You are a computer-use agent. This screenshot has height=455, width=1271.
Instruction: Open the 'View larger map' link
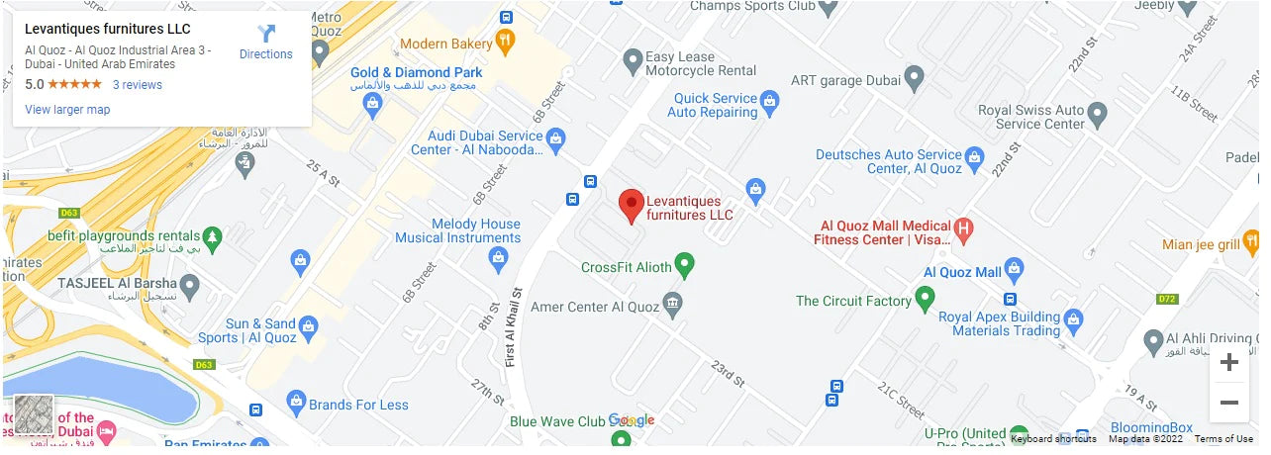click(67, 110)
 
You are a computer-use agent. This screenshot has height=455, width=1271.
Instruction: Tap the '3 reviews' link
click(137, 85)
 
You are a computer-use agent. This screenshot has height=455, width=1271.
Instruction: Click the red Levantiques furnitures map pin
click(631, 206)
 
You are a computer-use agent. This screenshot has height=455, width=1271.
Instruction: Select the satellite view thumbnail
click(34, 414)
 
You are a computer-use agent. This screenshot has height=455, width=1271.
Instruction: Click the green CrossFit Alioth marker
click(684, 265)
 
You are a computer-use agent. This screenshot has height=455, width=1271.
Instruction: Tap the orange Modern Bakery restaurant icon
click(506, 42)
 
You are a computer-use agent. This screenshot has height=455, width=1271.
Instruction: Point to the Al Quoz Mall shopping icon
click(1014, 269)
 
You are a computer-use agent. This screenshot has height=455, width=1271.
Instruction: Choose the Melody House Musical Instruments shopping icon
click(499, 259)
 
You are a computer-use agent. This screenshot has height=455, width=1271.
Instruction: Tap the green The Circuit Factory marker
click(925, 298)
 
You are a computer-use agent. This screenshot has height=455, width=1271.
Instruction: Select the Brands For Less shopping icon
click(295, 402)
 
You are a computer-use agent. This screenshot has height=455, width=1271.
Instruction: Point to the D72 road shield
click(1167, 299)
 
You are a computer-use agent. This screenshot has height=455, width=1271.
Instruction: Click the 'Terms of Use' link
click(1223, 439)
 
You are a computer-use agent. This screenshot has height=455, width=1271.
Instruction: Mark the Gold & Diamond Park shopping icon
click(373, 105)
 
